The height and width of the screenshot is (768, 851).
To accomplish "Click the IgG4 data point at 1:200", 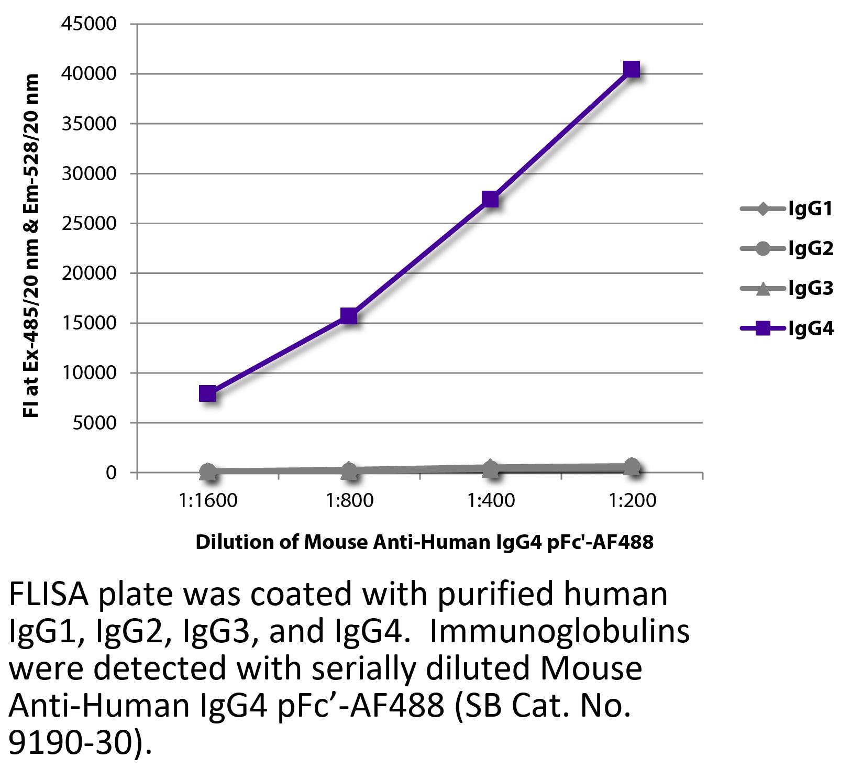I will pos(632,69).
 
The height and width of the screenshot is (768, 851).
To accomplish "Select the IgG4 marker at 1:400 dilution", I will pos(490,199).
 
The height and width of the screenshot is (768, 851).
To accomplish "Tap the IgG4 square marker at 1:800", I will pos(349,316).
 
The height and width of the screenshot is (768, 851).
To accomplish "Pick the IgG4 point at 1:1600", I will pos(207,393).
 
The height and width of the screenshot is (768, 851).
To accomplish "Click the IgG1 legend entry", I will pos(786,210).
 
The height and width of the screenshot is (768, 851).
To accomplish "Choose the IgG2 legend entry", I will pos(786,249).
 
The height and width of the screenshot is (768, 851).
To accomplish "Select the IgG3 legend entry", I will pos(786,288).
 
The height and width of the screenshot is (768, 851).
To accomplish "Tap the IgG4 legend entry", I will pos(786,328).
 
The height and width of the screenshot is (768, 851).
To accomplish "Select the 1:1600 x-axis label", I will pos(208,501).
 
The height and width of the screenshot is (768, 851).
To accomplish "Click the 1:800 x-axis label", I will pos(349,501).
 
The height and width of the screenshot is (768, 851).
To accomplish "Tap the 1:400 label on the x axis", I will pos(491,501).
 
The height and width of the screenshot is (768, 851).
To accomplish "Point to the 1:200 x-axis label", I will pos(632,501).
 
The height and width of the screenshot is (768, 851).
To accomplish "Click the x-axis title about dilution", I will pos(424,542).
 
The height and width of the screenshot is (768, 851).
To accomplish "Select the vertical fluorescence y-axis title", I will pos(32,246).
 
